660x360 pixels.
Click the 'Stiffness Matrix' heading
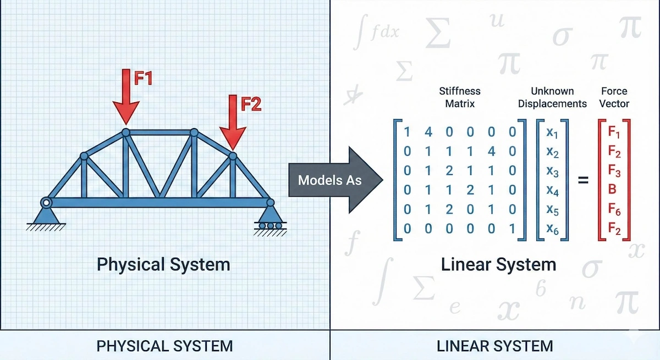point(459,97)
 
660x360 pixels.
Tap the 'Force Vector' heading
point(614,97)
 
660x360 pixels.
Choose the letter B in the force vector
point(613,191)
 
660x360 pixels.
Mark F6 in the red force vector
point(614,210)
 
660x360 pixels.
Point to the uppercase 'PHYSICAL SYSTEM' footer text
point(164,346)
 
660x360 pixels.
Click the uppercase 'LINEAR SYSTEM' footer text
point(494,346)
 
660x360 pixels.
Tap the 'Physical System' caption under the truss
point(163,264)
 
